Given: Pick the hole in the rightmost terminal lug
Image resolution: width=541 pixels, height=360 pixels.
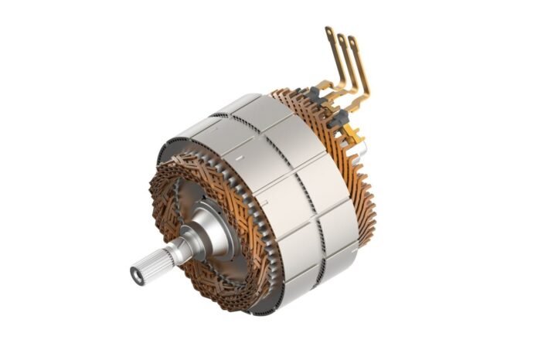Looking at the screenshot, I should click(x=353, y=42).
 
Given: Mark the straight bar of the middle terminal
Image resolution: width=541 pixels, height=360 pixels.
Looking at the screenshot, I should click(x=347, y=63).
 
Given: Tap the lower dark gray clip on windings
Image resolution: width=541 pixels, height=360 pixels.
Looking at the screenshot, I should click(x=337, y=118).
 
